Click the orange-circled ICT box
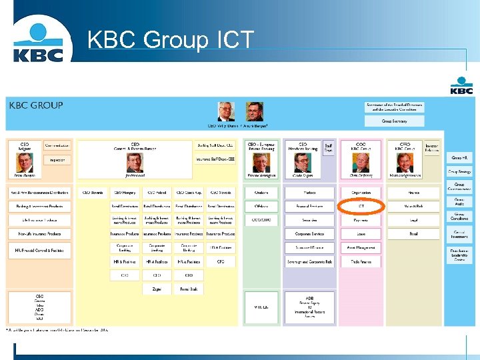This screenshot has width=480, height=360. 361,207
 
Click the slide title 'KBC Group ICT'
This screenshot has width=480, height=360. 171,41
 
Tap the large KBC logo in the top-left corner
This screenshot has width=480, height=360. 42,42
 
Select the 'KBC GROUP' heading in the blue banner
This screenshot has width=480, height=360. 35,105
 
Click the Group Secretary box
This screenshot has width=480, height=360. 394,121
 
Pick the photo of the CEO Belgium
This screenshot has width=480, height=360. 24,163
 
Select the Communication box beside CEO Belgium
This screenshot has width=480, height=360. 57,145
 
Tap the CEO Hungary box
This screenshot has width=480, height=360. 124,193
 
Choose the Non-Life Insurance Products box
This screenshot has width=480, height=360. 39,235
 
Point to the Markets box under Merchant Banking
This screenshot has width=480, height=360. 310,193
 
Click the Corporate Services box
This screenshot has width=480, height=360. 310,235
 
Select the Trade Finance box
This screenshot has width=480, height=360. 361,262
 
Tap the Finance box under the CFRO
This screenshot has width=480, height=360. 414,193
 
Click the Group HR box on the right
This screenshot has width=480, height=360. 460,158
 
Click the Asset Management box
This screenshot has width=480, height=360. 361,248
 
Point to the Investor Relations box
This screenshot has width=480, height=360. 432,147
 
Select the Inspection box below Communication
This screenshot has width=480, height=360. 57,160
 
